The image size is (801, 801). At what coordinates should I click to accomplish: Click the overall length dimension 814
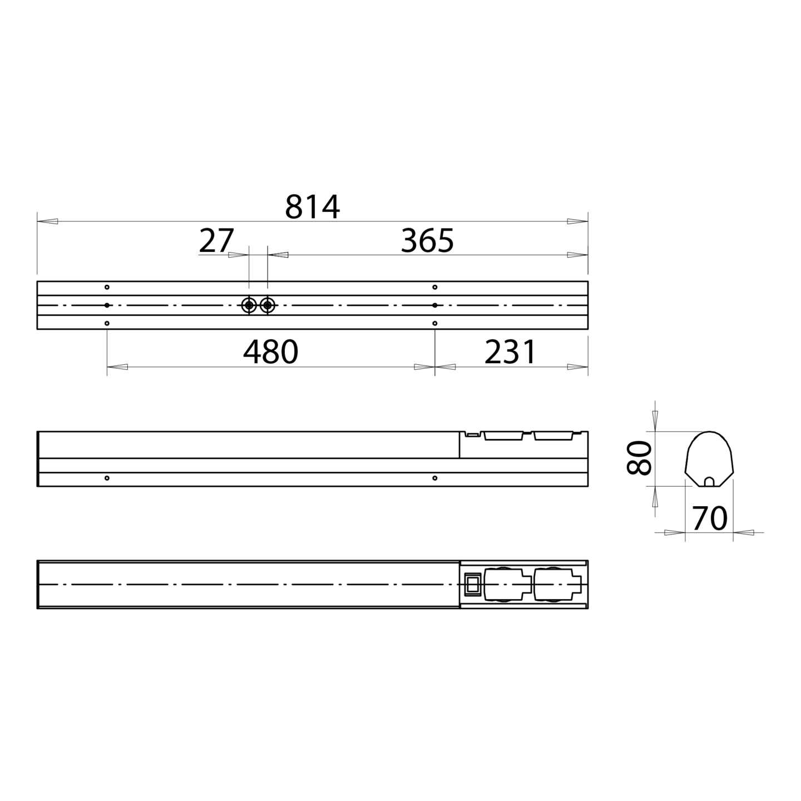312,207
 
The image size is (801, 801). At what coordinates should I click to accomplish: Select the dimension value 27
216,241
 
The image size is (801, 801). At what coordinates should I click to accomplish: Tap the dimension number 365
427,241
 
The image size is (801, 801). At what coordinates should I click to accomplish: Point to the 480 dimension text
270,352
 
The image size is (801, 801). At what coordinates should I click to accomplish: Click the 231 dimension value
510,352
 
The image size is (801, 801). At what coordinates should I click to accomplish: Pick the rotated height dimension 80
639,458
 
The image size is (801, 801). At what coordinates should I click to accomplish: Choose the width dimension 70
710,518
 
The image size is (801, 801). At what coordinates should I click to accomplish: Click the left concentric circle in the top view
249,305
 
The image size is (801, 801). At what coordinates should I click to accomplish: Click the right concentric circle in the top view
268,305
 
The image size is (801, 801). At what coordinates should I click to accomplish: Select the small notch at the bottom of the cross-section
709,482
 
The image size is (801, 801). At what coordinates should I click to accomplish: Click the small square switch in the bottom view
472,584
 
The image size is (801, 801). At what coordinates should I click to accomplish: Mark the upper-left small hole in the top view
107,287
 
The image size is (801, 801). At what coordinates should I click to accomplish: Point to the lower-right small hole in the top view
434,323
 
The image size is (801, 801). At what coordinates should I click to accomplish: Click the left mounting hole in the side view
107,478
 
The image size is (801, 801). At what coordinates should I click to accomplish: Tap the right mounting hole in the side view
434,478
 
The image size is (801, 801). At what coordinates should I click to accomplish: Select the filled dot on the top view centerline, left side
107,305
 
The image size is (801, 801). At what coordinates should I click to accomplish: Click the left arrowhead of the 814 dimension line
47,221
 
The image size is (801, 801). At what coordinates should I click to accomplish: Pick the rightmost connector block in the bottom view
557,584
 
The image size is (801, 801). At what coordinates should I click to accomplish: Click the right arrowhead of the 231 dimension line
578,367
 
